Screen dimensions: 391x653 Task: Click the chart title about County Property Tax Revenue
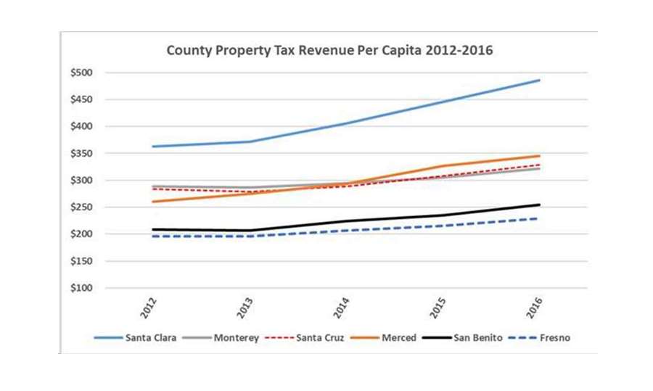[x=329, y=52]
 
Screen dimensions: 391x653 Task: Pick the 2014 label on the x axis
[x=346, y=305]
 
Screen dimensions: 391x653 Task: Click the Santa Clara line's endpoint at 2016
[x=539, y=80]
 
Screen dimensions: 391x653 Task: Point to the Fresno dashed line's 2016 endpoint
[x=539, y=218]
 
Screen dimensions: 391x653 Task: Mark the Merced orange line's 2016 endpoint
[x=539, y=156]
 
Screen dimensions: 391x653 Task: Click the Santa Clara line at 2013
[x=250, y=141]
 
